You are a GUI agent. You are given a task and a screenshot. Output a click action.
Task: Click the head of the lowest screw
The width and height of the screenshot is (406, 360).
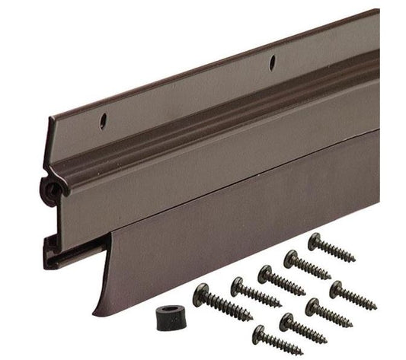(258, 332)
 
